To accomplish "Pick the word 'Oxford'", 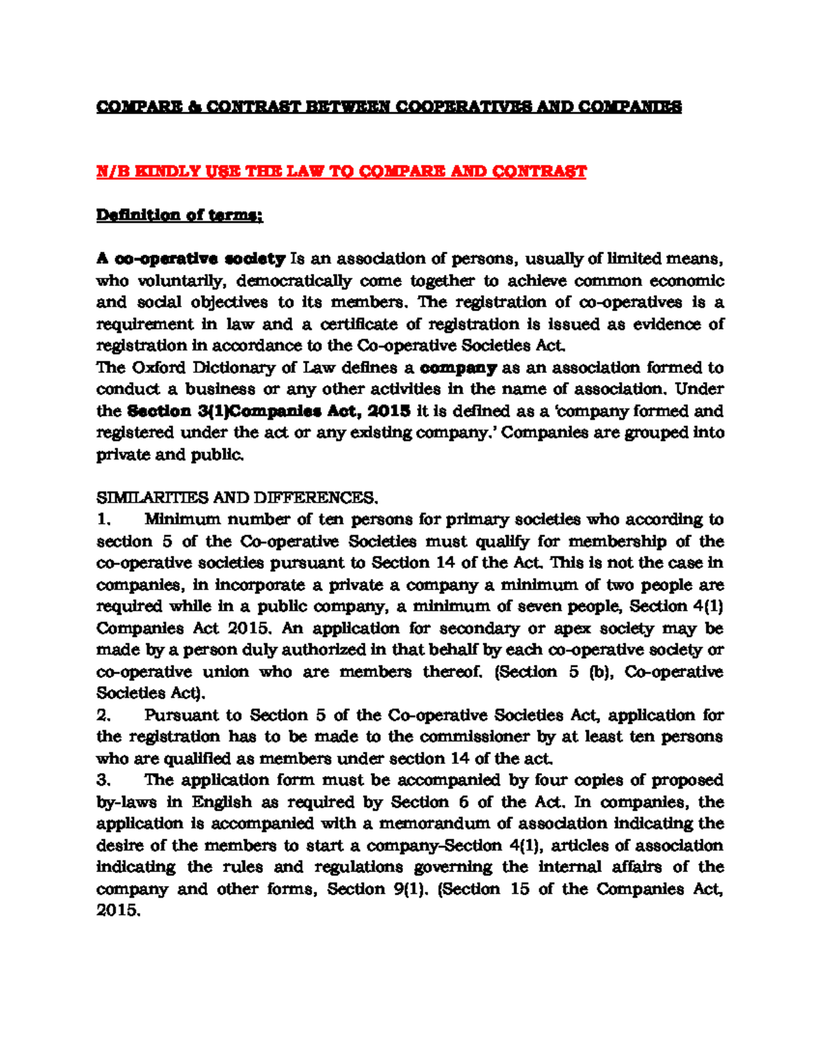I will [x=159, y=367].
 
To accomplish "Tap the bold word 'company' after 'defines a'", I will [x=458, y=368].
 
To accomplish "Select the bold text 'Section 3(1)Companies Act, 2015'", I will [x=269, y=411].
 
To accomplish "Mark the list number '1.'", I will [x=104, y=519].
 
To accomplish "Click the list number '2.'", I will [x=104, y=715].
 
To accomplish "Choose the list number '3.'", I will [x=104, y=780].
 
